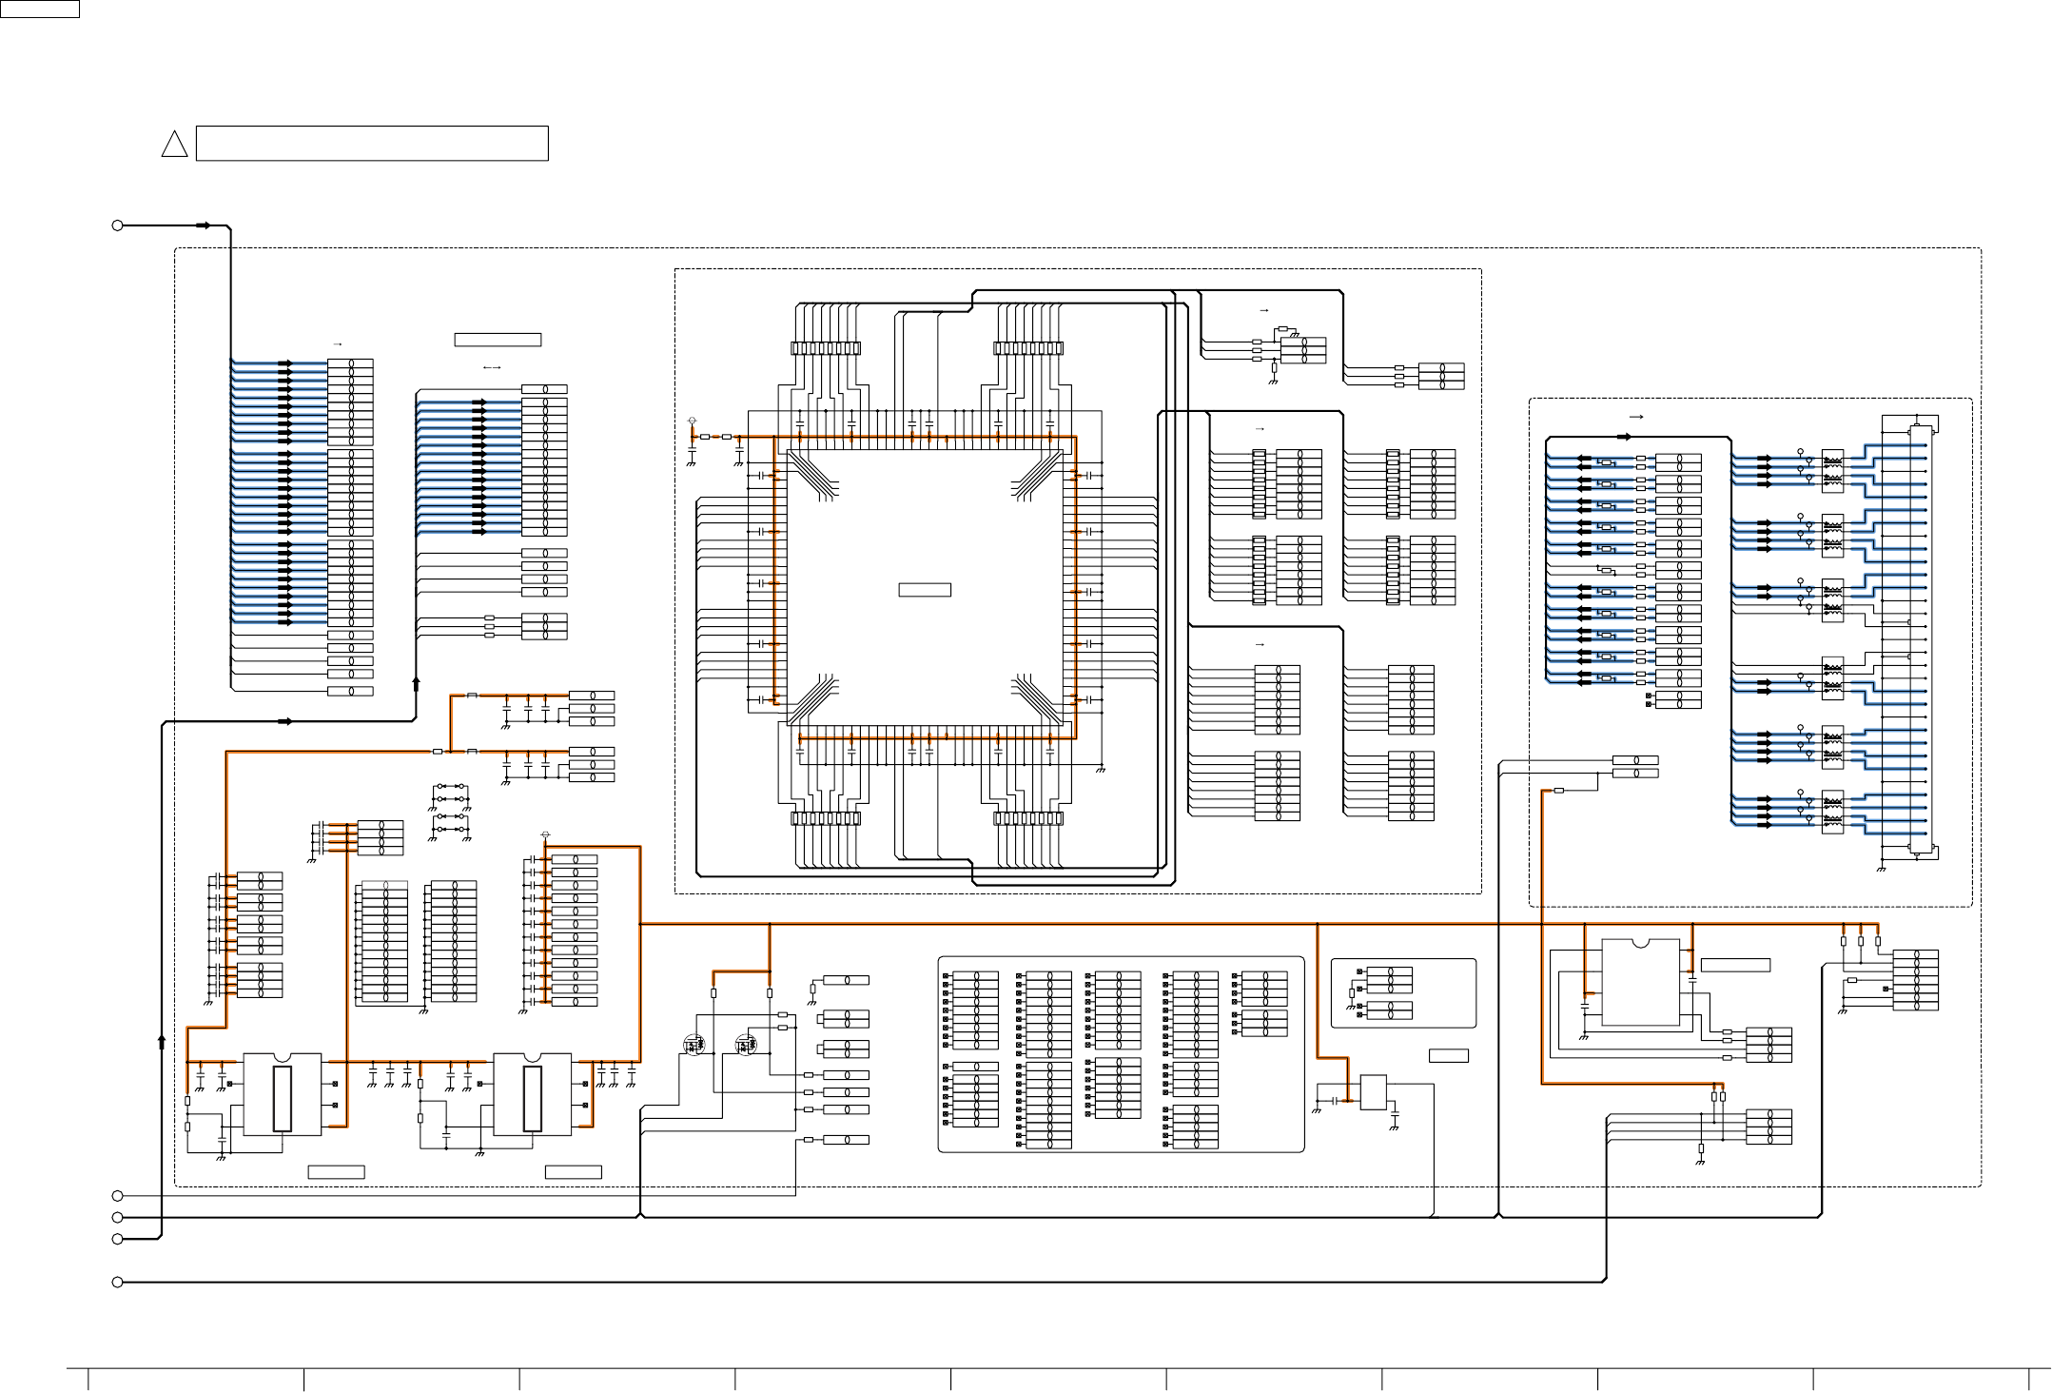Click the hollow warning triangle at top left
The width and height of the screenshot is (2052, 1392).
(174, 145)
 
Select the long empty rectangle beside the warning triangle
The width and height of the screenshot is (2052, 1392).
(372, 144)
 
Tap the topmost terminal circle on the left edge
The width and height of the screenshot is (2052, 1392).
(118, 225)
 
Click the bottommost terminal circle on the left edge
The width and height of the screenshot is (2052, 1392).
(118, 1283)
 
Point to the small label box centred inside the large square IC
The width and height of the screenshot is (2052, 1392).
(925, 590)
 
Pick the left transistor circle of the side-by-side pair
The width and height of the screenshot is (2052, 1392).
(694, 1045)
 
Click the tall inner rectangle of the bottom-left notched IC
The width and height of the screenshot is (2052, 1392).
(282, 1099)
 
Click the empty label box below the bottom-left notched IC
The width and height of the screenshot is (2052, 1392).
(336, 1172)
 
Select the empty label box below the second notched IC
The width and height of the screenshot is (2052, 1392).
(573, 1172)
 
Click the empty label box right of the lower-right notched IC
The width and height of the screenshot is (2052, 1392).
(1735, 965)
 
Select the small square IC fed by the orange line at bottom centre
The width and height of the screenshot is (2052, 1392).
(1373, 1092)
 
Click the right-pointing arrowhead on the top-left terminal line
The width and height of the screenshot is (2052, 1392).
(204, 225)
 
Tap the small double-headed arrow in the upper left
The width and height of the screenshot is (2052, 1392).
(492, 368)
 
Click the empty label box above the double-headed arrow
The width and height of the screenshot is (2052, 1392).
(498, 340)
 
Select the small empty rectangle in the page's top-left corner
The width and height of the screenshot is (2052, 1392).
(39, 9)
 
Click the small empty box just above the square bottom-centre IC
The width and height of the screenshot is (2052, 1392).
(1448, 1055)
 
